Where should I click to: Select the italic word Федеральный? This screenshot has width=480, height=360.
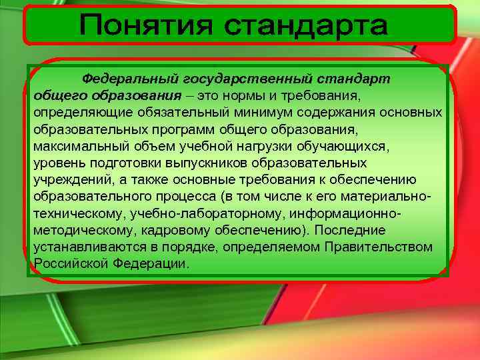click(122, 79)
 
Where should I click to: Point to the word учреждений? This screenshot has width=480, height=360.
click(66, 179)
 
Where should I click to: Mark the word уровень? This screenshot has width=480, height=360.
click(57, 162)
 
